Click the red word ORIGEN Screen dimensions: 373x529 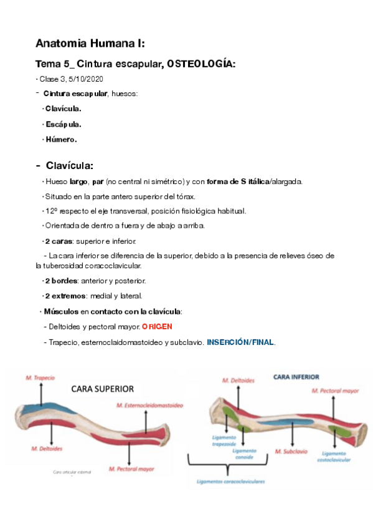pyautogui.click(x=157, y=326)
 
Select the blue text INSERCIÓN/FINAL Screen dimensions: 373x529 pyautogui.click(x=240, y=342)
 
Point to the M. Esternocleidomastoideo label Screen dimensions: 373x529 pyautogui.click(x=149, y=405)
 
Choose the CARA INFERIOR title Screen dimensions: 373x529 pyautogui.click(x=296, y=377)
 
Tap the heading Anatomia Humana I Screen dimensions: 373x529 pyautogui.click(x=90, y=44)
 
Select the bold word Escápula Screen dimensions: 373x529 pyautogui.click(x=64, y=124)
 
